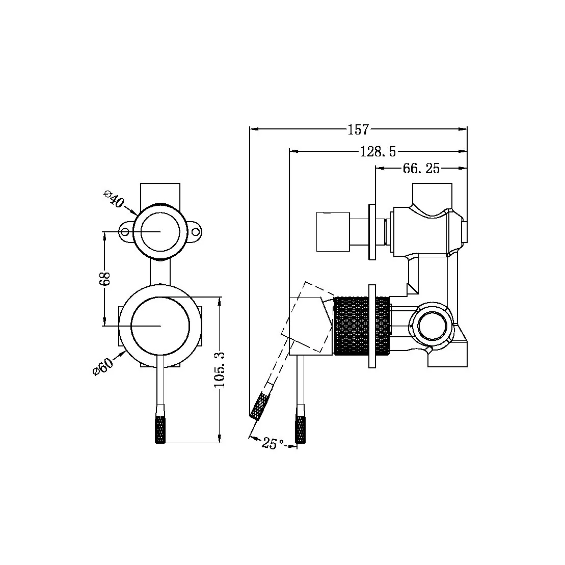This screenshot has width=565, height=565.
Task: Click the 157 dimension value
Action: [x=358, y=130]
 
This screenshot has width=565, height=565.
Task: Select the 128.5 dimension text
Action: [x=378, y=151]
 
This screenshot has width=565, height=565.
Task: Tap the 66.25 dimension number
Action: [x=421, y=169]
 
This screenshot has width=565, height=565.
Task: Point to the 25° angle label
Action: [x=273, y=444]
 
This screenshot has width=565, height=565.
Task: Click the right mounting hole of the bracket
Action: [x=196, y=232]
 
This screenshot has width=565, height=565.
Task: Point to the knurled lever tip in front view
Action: [x=160, y=429]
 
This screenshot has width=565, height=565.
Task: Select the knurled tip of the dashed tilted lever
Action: [x=260, y=406]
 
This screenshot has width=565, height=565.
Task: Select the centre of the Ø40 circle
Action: [x=160, y=231]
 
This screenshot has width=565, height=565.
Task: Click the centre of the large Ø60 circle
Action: [x=160, y=325]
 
